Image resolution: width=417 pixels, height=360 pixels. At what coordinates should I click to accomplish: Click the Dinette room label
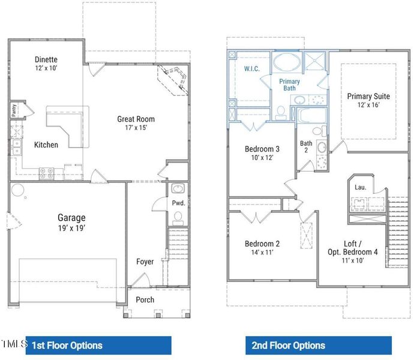click(x=46, y=59)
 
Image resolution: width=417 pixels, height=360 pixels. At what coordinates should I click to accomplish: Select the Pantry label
click(x=13, y=110)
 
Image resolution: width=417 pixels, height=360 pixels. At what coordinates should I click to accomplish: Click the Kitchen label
click(x=46, y=145)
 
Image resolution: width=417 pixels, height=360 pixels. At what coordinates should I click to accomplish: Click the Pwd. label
click(x=178, y=203)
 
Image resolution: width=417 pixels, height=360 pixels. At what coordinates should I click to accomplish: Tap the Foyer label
click(x=145, y=262)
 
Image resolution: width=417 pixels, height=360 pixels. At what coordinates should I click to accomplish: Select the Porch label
click(x=145, y=299)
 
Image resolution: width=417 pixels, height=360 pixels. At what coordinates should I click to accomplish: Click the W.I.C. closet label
click(x=251, y=69)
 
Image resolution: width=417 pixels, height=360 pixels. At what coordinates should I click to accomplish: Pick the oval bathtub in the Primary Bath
click(x=287, y=63)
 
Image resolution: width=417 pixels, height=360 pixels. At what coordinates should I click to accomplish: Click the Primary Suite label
click(x=368, y=96)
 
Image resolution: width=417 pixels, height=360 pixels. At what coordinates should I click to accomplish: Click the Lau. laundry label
click(x=360, y=187)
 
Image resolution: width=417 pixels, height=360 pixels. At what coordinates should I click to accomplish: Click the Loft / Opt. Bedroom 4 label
click(x=352, y=248)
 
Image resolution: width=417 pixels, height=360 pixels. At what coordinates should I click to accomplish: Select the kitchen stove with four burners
click(x=46, y=173)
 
